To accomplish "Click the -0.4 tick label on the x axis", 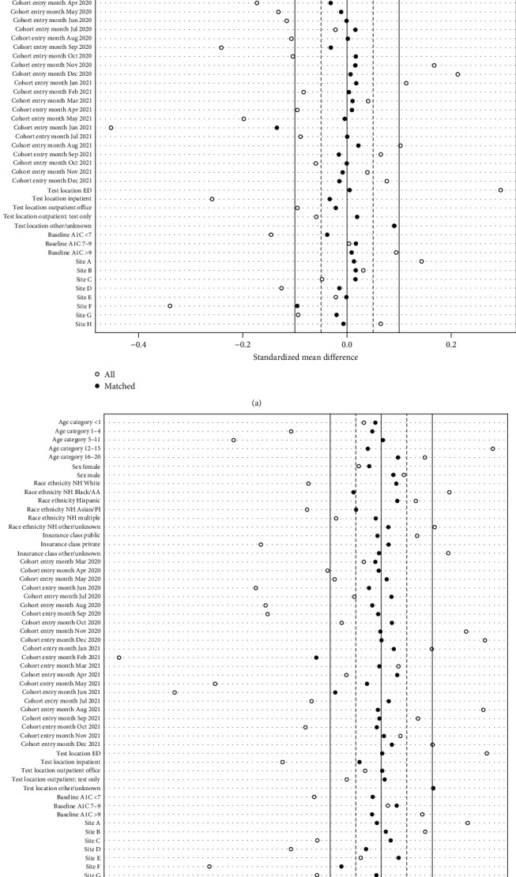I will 138,344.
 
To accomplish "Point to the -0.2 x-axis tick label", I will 243,344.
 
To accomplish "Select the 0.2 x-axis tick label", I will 450,344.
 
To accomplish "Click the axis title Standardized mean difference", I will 305,357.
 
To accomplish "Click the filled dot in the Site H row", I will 344,324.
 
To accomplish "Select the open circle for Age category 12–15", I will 492,448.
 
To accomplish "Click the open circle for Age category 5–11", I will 234,440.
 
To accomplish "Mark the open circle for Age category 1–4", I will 292,431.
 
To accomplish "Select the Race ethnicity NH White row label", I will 67,484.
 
